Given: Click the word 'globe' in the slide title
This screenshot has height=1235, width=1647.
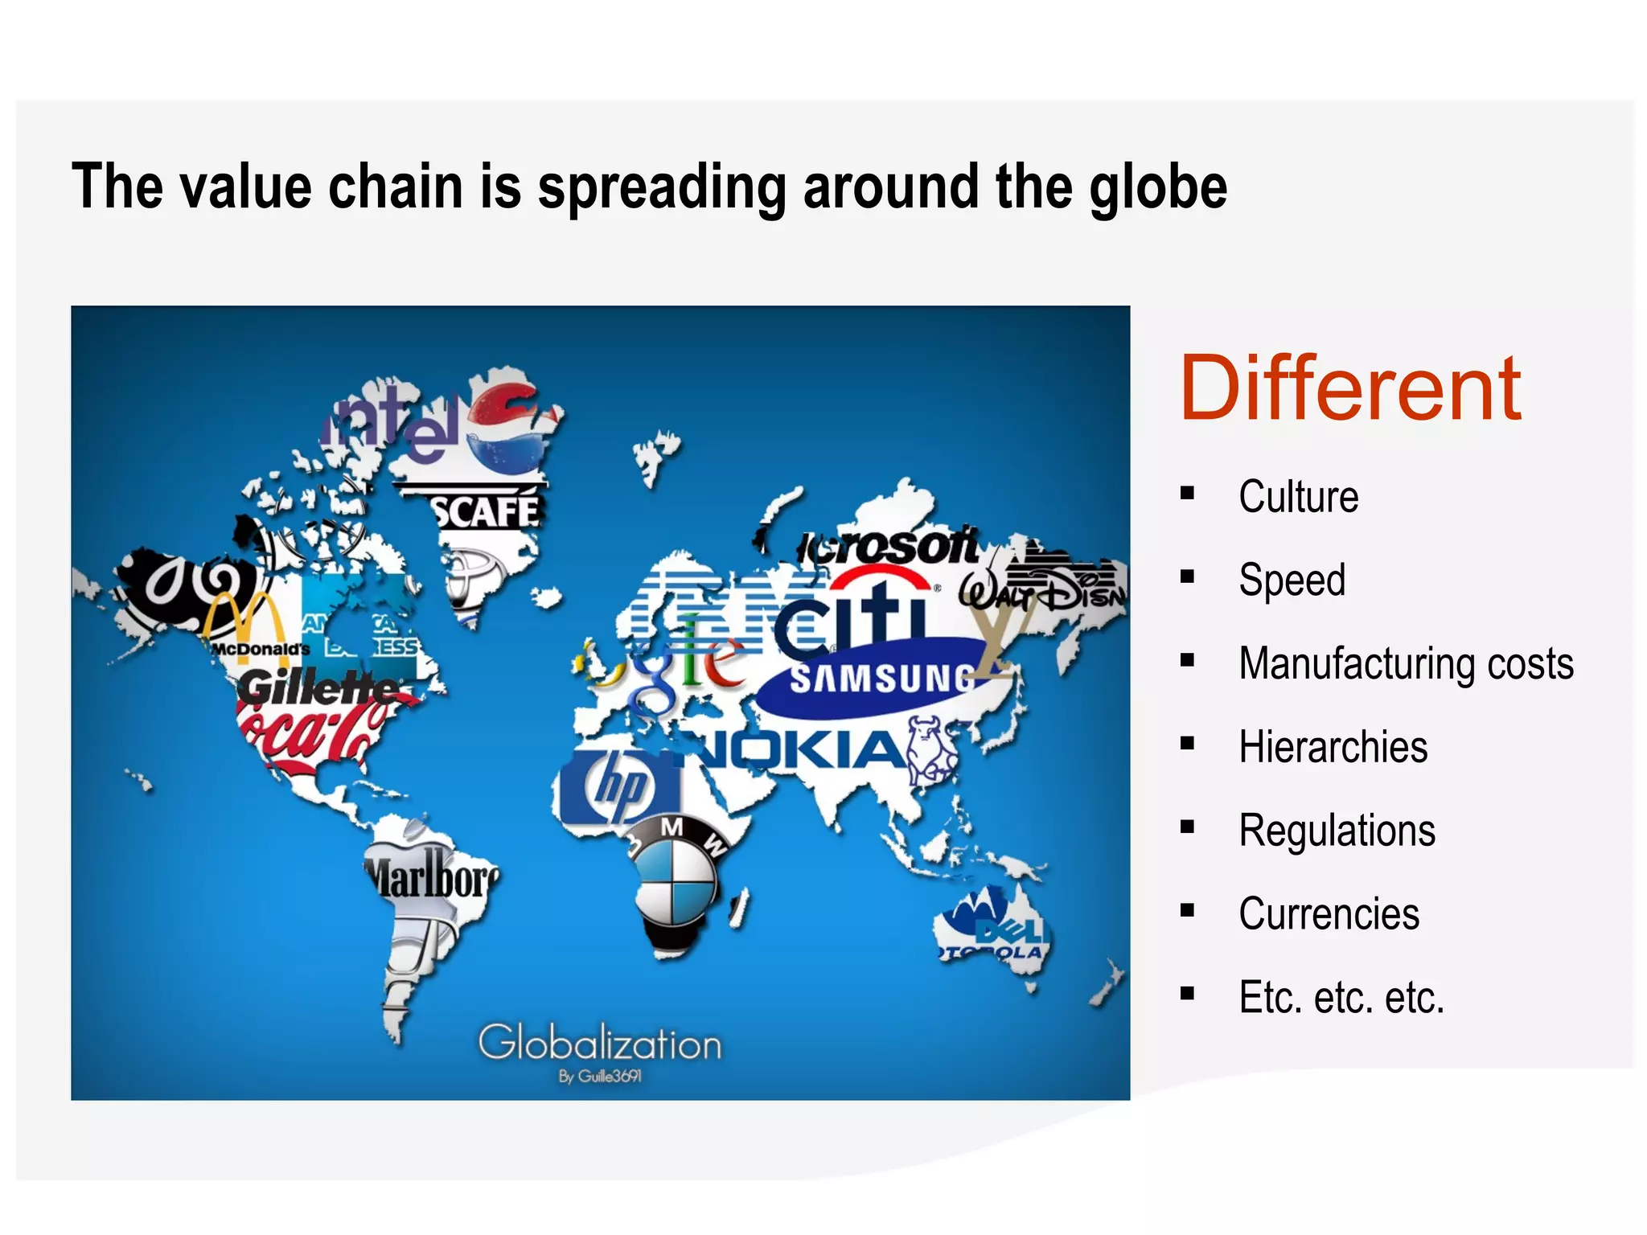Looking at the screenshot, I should [1157, 187].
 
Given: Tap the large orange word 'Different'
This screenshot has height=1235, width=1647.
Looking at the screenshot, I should [1349, 389].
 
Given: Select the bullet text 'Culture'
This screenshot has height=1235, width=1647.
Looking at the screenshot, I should [1298, 496].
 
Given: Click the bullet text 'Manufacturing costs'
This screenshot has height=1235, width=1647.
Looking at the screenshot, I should [1406, 663].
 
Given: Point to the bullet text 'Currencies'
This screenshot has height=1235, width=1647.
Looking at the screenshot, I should [1329, 913].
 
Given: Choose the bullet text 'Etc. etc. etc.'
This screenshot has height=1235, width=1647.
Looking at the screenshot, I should [1341, 997].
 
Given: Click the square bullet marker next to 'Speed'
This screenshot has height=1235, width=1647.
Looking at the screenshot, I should [1187, 576].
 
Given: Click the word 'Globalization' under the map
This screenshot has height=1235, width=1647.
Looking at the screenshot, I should [599, 1044].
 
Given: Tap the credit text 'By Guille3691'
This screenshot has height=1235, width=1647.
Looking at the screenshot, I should [600, 1077].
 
